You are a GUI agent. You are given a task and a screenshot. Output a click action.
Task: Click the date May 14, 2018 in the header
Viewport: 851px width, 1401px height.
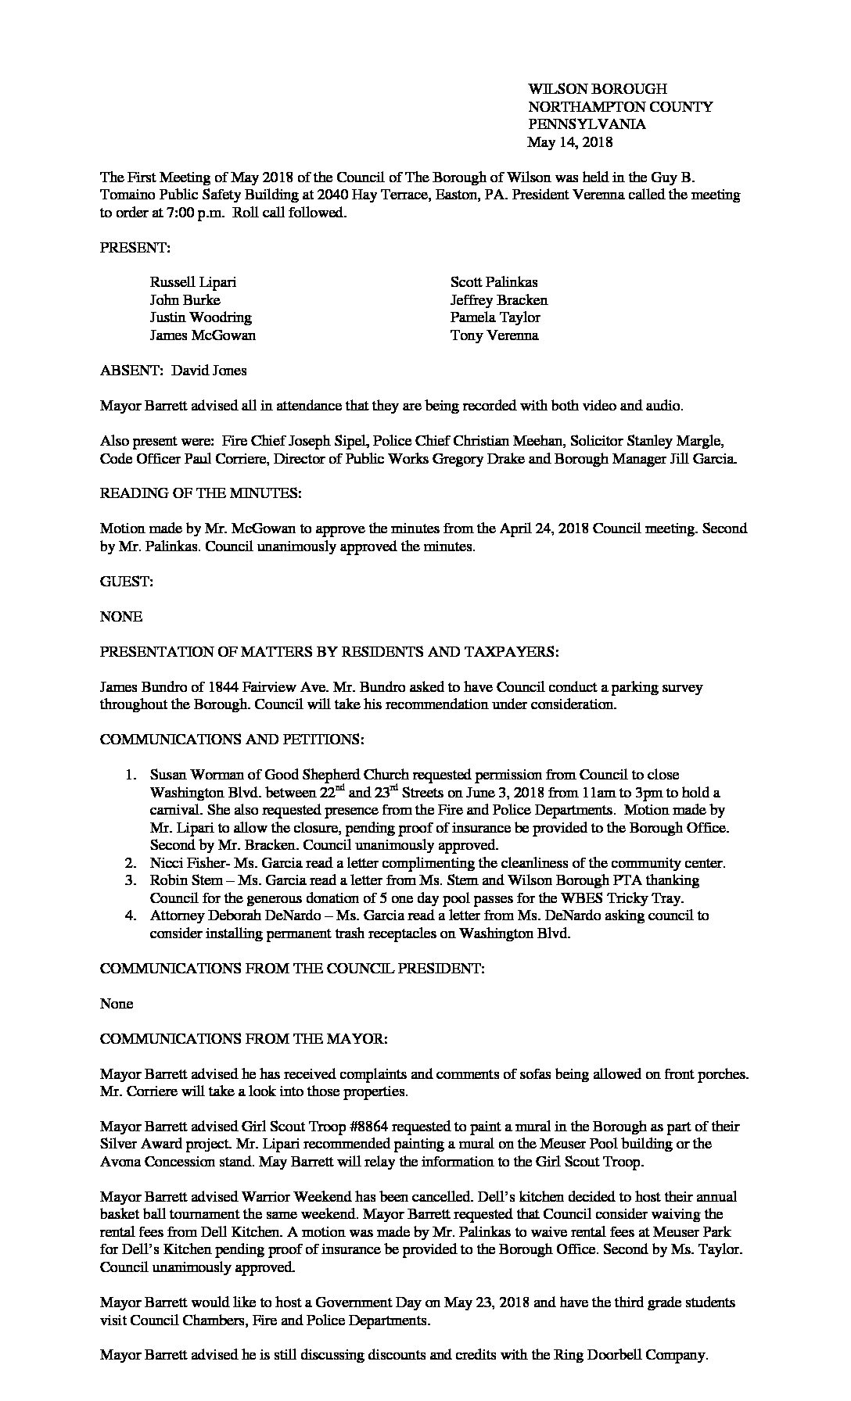tap(569, 142)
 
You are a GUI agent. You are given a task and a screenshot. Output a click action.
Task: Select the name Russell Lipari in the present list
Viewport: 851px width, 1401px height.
tap(192, 282)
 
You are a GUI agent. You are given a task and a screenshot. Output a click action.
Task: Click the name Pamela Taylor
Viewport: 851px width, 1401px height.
tap(495, 317)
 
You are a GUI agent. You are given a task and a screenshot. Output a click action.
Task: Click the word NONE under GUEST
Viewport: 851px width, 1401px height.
tap(121, 617)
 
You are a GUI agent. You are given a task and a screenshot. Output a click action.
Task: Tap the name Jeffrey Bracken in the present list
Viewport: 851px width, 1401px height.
tap(499, 300)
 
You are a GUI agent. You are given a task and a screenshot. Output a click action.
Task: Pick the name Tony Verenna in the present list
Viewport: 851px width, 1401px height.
tap(494, 335)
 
